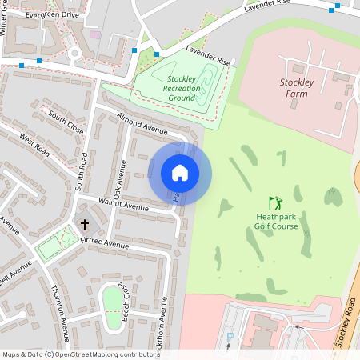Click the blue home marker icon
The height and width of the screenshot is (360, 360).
[x=180, y=173]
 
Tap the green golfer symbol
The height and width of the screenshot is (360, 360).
[x=276, y=203]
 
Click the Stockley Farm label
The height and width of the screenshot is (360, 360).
[x=301, y=88]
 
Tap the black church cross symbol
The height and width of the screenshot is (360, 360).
[x=85, y=226]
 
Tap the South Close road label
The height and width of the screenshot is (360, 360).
[x=66, y=122]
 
